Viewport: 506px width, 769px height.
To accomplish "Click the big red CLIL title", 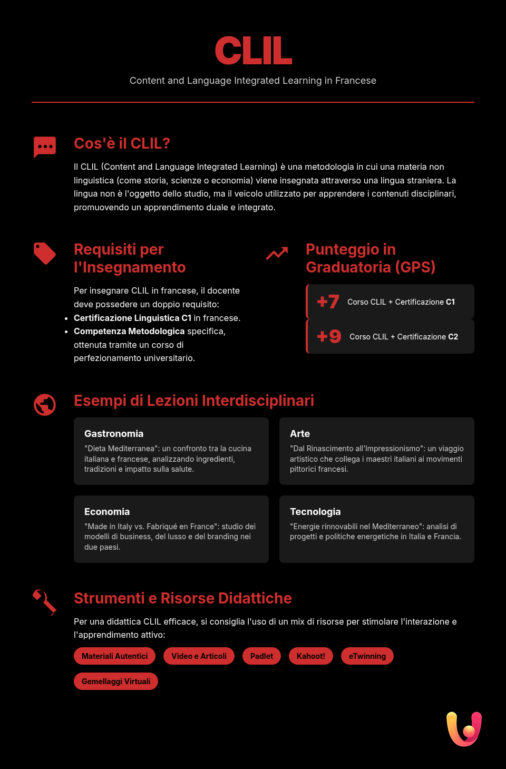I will (x=253, y=51).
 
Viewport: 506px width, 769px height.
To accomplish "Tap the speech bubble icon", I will (x=45, y=147).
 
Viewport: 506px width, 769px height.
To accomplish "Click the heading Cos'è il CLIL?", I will (x=122, y=143).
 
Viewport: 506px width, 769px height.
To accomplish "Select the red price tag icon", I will (x=45, y=254).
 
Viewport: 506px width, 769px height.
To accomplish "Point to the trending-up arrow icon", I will (x=277, y=254).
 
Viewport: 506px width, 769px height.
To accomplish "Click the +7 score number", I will (x=328, y=301).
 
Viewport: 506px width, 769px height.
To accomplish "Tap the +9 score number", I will (x=329, y=336).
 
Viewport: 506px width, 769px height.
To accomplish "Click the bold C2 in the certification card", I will (x=453, y=337).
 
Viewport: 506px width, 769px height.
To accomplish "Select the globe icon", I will (x=45, y=405).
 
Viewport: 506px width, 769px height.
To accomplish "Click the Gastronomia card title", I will (x=114, y=434).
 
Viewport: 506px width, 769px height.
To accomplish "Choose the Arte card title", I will (x=300, y=434).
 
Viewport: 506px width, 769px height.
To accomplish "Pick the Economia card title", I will (x=107, y=512).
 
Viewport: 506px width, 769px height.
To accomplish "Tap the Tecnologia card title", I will (x=315, y=512).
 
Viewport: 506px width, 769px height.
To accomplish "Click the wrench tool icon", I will (x=45, y=602).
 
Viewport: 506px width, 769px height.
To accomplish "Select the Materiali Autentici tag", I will (x=114, y=656).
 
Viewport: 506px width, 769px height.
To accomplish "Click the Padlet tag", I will (x=261, y=656).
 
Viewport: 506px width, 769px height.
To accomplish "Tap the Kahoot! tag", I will (x=311, y=656).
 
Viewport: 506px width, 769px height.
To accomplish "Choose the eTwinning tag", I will (x=367, y=656).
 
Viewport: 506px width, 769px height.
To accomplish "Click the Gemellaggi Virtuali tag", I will (x=116, y=682).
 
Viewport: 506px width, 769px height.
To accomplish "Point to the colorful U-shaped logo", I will (x=464, y=729).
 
